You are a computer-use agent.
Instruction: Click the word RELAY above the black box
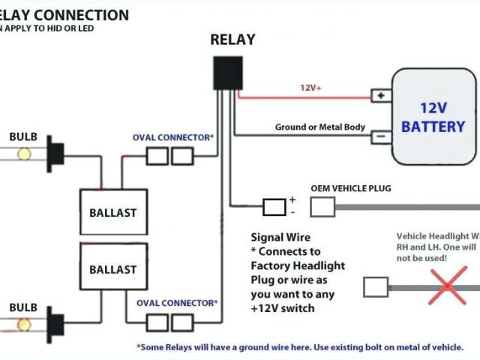[x=232, y=40]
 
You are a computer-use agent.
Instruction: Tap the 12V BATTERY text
[x=433, y=117]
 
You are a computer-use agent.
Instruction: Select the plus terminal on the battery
[x=381, y=96]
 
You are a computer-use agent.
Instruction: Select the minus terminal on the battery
[x=381, y=136]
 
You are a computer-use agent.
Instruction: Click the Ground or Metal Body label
[x=319, y=127]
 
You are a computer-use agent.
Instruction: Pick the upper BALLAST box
[x=113, y=212]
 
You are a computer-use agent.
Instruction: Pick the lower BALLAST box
[x=113, y=269]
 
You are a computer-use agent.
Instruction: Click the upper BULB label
[x=22, y=136]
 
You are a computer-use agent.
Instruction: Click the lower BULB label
[x=22, y=286]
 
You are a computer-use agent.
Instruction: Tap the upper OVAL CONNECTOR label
[x=173, y=138]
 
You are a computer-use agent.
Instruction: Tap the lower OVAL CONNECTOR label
[x=177, y=303]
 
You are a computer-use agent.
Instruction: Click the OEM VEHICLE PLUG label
[x=350, y=188]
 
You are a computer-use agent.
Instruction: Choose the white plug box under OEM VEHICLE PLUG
[x=322, y=206]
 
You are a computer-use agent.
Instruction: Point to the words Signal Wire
[x=280, y=238]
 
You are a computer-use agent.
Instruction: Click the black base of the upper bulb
[x=54, y=153]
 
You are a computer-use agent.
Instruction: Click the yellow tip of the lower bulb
[x=24, y=304]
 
